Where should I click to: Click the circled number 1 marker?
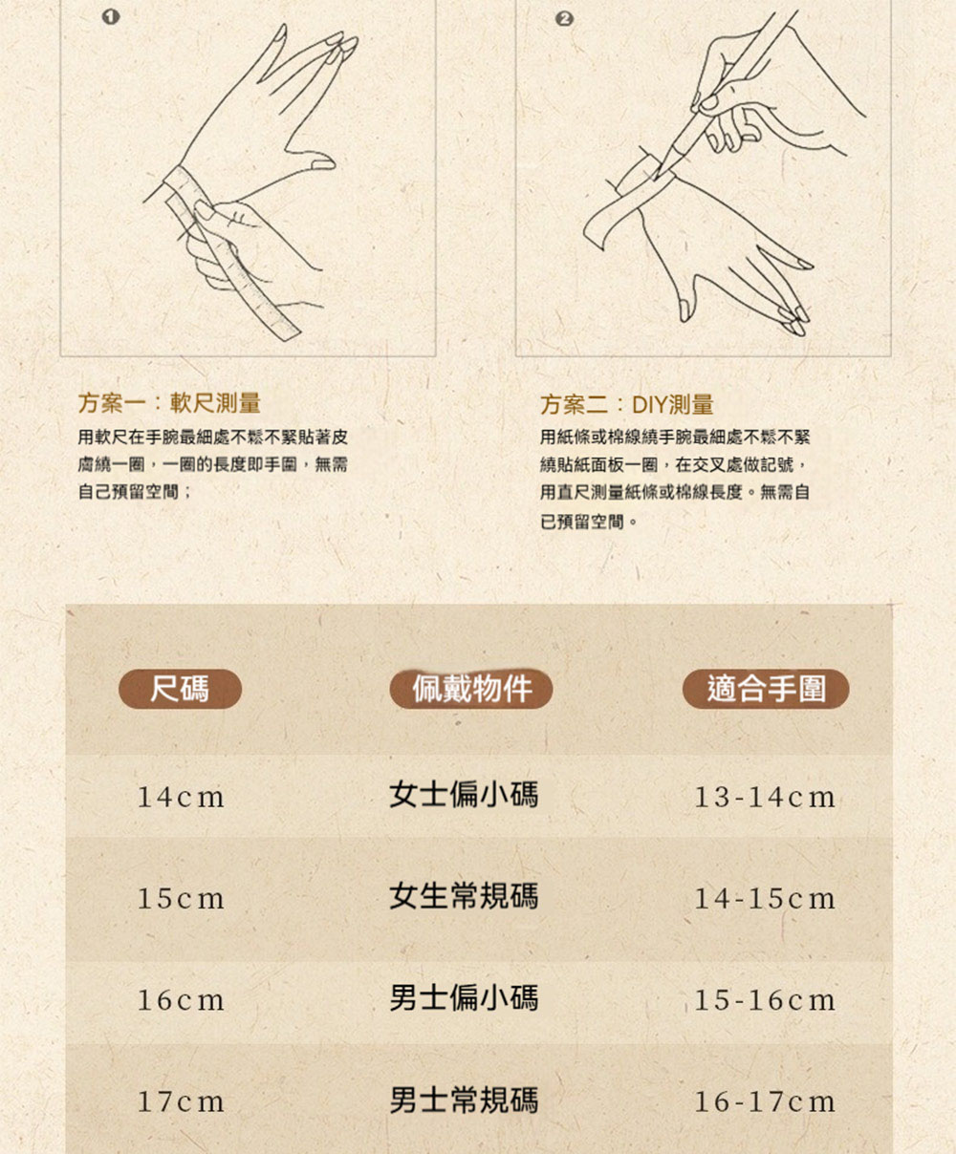pyautogui.click(x=111, y=18)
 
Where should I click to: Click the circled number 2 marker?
pyautogui.click(x=564, y=19)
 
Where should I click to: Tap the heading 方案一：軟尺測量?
pyautogui.click(x=169, y=403)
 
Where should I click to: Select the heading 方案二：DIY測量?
pyautogui.click(x=627, y=404)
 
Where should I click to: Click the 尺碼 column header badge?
pyautogui.click(x=181, y=689)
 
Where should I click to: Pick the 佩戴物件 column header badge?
pyautogui.click(x=471, y=689)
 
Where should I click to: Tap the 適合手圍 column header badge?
pyautogui.click(x=766, y=689)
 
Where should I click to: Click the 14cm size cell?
pyautogui.click(x=181, y=797)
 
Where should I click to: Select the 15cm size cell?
pyautogui.click(x=181, y=899)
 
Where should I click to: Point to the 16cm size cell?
pyautogui.click(x=181, y=1000)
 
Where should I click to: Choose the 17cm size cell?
pyautogui.click(x=181, y=1102)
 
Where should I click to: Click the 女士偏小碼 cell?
pyautogui.click(x=464, y=795)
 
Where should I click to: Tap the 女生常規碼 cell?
pyautogui.click(x=464, y=896)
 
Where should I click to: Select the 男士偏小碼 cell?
pyautogui.click(x=464, y=998)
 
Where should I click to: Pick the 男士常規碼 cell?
pyautogui.click(x=464, y=1100)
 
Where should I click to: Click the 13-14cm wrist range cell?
pyautogui.click(x=765, y=797)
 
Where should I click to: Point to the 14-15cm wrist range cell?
pyautogui.click(x=765, y=899)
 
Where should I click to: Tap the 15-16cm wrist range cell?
pyautogui.click(x=765, y=1000)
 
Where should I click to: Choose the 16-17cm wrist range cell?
pyautogui.click(x=765, y=1102)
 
